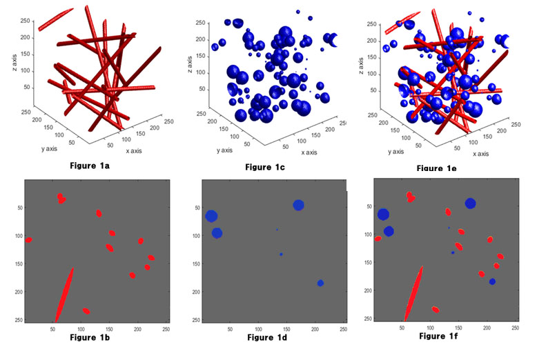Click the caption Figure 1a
click(x=92, y=166)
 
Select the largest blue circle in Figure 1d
click(x=212, y=216)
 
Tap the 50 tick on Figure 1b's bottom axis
click(x=52, y=330)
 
